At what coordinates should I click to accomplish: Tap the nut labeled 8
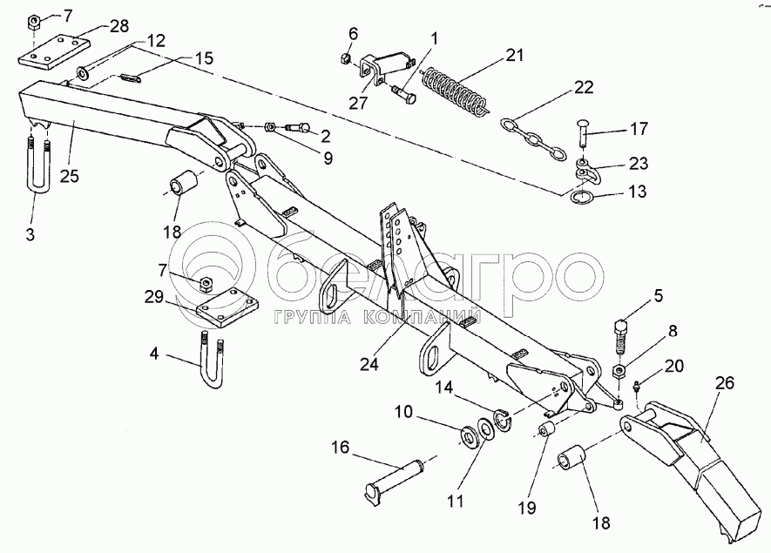pyautogui.click(x=619, y=370)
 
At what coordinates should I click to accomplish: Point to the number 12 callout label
pyautogui.click(x=156, y=40)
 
